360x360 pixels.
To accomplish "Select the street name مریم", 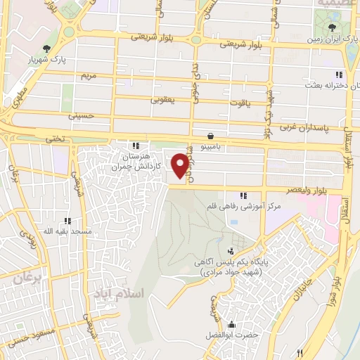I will pos(89,75).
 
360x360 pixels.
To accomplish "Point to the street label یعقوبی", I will pos(162,100).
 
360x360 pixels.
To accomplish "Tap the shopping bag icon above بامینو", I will pos(210,136).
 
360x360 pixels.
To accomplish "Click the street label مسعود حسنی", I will pos(31,340).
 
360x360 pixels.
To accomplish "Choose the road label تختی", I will pos(55,139).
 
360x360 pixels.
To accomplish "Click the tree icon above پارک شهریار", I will pos(47,48).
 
